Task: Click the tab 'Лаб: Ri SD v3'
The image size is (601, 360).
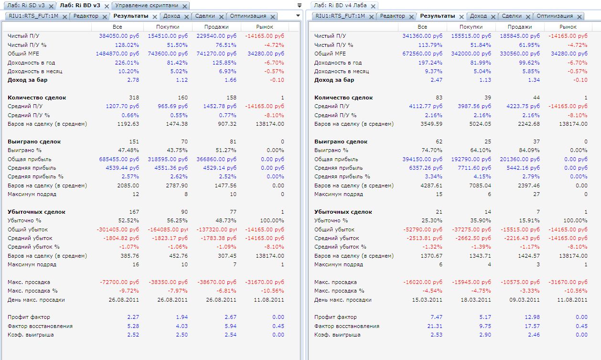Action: pyautogui.click(x=26, y=5)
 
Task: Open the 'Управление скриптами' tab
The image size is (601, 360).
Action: pyautogui.click(x=147, y=5)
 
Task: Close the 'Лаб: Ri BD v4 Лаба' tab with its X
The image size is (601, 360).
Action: pyautogui.click(x=373, y=6)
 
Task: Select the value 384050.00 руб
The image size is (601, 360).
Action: pyautogui.click(x=119, y=36)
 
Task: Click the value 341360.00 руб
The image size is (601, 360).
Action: pyautogui.click(x=422, y=36)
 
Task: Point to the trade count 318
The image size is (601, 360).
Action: pyautogui.click(x=134, y=98)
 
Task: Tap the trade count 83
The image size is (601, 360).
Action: pyautogui.click(x=439, y=98)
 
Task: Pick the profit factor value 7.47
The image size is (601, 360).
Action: pyautogui.click(x=437, y=317)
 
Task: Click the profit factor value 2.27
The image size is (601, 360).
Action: pyautogui.click(x=133, y=317)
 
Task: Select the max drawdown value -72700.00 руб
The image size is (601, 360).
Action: pyautogui.click(x=119, y=282)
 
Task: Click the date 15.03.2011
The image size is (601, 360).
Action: pyautogui.click(x=427, y=300)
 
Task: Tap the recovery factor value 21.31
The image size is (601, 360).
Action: pyautogui.click(x=435, y=326)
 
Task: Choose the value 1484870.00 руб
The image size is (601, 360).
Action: pyautogui.click(x=118, y=54)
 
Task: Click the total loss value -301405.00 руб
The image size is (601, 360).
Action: pyautogui.click(x=118, y=229)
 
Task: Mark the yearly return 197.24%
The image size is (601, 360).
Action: pyautogui.click(x=430, y=63)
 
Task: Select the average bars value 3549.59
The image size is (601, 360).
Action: pyautogui.click(x=431, y=124)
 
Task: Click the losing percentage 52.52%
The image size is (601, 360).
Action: pyautogui.click(x=129, y=220)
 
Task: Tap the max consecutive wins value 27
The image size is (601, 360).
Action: pyautogui.click(x=537, y=194)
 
